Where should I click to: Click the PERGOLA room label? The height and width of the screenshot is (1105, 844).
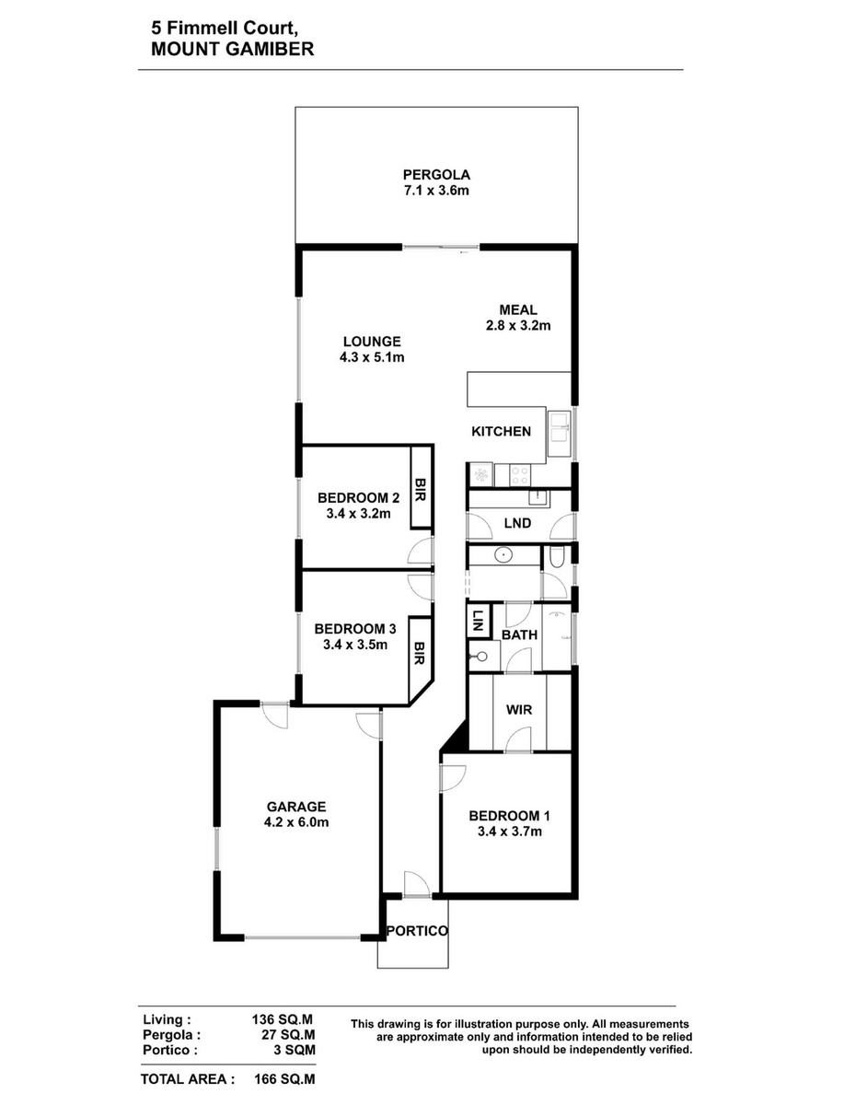(x=436, y=175)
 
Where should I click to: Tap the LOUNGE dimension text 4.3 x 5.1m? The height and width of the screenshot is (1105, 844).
(x=372, y=357)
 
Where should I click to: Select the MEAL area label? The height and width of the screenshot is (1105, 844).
(x=518, y=309)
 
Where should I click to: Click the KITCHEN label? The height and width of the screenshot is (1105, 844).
(x=501, y=432)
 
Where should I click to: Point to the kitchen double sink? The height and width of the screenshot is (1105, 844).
(x=560, y=427)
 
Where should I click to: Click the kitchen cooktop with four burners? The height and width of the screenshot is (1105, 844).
(x=520, y=474)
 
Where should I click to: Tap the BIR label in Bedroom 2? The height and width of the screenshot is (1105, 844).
(x=420, y=489)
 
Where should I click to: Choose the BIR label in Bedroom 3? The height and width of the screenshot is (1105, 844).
(x=419, y=653)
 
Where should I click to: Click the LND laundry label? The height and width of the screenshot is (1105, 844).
(x=517, y=524)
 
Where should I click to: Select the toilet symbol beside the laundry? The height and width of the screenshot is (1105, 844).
(x=557, y=557)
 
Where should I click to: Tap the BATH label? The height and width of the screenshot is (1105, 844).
(x=520, y=634)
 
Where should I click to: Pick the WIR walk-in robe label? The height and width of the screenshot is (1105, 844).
(x=519, y=710)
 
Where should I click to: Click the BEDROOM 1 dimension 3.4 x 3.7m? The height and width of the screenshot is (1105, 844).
(x=510, y=832)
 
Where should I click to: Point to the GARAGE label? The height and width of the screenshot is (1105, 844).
(x=296, y=807)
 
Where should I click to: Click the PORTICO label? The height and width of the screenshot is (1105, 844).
(x=417, y=931)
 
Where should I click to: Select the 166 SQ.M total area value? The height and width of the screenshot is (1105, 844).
(x=284, y=1079)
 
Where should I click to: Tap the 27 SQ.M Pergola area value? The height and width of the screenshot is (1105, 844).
(x=292, y=1034)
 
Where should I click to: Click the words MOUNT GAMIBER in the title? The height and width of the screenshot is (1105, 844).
(x=232, y=49)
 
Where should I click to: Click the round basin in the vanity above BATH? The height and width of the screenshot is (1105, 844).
(x=503, y=555)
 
